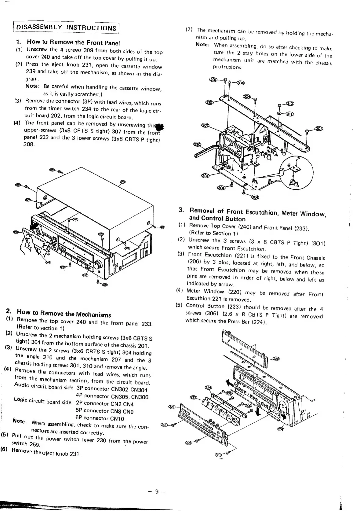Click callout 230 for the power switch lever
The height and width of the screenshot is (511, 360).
coord(197,144)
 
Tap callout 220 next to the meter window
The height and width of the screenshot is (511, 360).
coord(275,358)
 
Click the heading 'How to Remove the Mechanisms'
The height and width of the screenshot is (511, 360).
coord(64,313)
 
